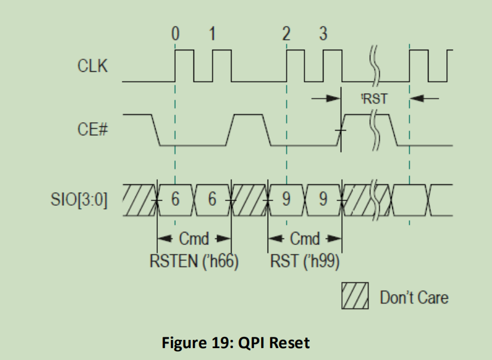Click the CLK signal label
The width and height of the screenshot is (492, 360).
[93, 66]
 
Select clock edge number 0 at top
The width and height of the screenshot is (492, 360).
[175, 34]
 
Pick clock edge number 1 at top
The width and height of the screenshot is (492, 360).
[212, 34]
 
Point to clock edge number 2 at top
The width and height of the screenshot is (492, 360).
[287, 34]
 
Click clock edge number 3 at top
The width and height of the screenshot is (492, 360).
[323, 34]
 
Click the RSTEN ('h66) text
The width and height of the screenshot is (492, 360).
[193, 261]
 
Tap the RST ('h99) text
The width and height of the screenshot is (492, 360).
[305, 261]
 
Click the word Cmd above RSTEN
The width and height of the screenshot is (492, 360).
[193, 240]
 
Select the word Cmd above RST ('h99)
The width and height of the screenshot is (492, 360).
[305, 240]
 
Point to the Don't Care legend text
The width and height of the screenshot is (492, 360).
[414, 297]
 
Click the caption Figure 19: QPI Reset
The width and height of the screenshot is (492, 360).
[236, 342]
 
